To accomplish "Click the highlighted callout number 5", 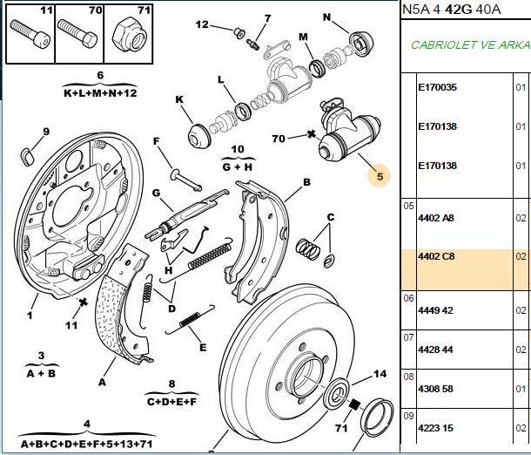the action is (x=380, y=176).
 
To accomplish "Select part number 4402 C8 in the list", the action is (x=436, y=256).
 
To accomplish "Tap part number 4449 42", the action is (x=435, y=310).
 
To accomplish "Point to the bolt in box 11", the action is (x=30, y=35).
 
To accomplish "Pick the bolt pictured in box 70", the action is (x=77, y=34).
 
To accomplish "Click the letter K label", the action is (x=179, y=99).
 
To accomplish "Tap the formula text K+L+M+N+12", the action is (x=100, y=93).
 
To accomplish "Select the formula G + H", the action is (x=238, y=166).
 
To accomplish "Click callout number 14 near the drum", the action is (x=380, y=374).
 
